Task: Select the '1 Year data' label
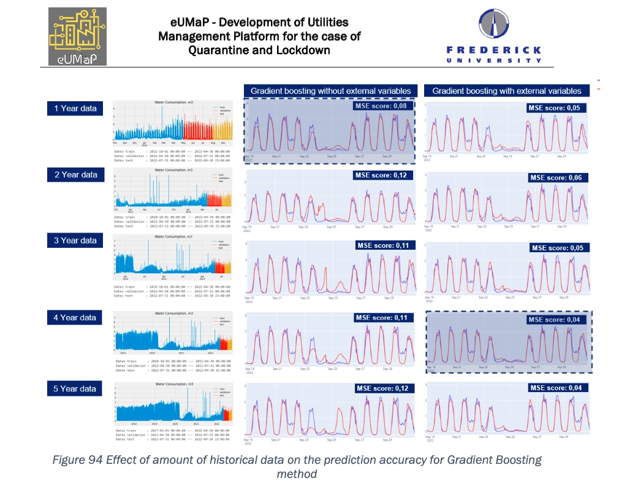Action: click(x=75, y=109)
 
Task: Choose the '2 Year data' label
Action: click(x=75, y=175)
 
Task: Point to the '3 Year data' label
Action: click(x=75, y=241)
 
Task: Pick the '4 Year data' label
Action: click(x=75, y=317)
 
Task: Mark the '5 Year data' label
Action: click(x=75, y=388)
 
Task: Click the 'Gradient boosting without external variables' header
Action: click(x=330, y=91)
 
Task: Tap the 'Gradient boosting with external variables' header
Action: click(x=507, y=91)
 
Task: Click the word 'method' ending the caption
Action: click(x=297, y=474)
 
